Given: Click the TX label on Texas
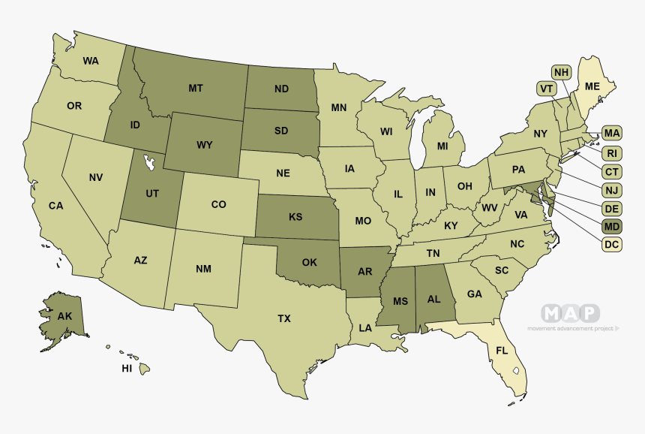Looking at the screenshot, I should (284, 319).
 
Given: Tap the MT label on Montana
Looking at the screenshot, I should (196, 88).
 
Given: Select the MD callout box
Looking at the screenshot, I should (612, 226).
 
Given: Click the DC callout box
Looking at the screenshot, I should (612, 244).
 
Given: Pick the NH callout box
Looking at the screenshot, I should (561, 72).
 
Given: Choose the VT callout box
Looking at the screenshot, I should (546, 89).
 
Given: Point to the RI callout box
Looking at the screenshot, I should (612, 153).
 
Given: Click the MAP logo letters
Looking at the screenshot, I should (571, 313).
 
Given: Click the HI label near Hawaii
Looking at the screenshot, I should (127, 369).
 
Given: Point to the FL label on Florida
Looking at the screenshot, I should (502, 351).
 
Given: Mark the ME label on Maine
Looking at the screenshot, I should (592, 87).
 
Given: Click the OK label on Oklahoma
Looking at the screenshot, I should (309, 263).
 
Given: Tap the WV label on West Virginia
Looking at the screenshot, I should (490, 207).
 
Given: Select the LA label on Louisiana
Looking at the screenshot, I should (365, 328).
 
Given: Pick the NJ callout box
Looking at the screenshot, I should (612, 190).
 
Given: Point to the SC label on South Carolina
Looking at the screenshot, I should (502, 270).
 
